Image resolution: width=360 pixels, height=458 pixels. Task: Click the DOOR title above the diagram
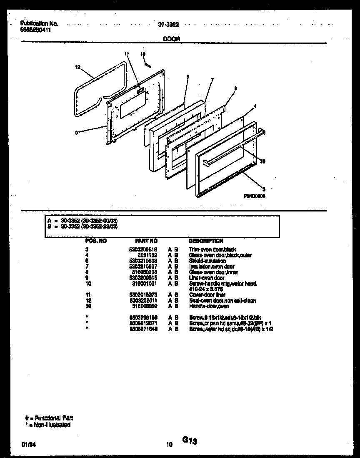[x=171, y=38]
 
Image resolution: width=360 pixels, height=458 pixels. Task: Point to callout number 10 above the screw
[x=143, y=54]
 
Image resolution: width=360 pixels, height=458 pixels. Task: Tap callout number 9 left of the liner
[x=76, y=133]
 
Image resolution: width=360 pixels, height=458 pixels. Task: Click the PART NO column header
[x=146, y=241]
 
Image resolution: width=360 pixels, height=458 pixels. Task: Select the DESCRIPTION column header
[x=206, y=241]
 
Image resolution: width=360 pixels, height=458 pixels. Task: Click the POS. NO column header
[x=96, y=241]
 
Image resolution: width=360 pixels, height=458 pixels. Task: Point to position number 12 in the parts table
[x=87, y=300]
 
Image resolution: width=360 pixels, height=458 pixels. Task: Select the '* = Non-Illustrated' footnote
[x=47, y=425]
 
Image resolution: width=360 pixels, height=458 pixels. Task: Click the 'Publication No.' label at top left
[x=39, y=24]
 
